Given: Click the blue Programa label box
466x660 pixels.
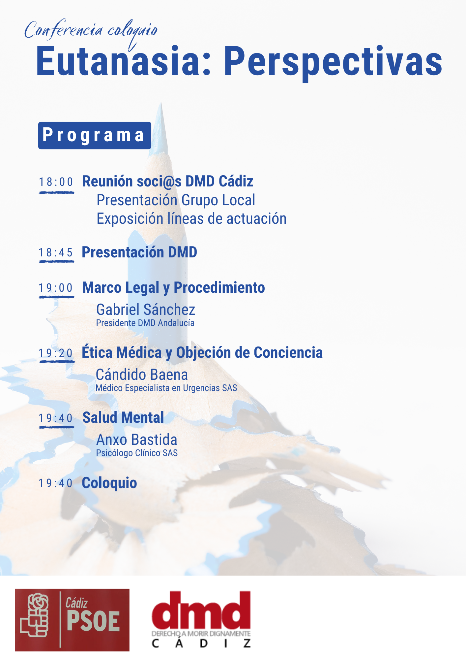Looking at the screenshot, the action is pos(95,135).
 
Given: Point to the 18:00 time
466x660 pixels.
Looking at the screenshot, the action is pos(56,182).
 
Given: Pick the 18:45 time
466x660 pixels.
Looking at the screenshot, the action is pos(56,252).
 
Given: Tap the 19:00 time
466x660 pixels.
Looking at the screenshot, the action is pos(56,288).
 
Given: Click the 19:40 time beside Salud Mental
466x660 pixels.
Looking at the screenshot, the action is pos(56,418).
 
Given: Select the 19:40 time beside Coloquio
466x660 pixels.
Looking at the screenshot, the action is pos(56,483).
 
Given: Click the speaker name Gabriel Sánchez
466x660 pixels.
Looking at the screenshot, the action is pos(146,310).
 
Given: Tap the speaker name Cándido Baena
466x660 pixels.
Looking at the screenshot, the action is pos(142,375).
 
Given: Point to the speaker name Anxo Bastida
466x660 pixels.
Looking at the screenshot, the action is pos(137,440).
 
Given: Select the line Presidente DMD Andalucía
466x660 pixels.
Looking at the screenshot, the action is pos(145,323).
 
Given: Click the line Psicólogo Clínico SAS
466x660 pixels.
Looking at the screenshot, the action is pos(137,453).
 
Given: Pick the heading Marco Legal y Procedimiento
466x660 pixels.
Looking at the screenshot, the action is pos(174,288).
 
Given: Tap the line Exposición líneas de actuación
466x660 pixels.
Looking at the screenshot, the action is pos(191,219).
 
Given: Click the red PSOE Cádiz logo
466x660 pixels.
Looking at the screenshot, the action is pos(72,620).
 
